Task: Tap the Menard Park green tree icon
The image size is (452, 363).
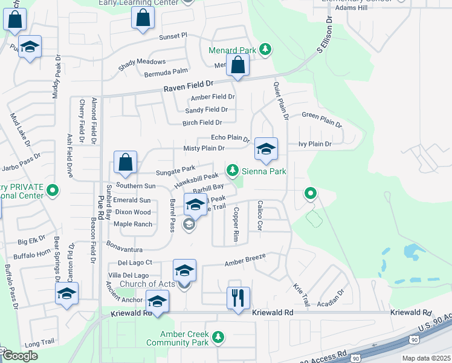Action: pos(265,49)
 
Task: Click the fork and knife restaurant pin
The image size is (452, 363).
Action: pos(238,298)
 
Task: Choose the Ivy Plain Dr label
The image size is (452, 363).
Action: pos(315,144)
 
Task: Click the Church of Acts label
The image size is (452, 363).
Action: pos(147,284)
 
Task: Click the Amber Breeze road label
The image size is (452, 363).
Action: pos(245,261)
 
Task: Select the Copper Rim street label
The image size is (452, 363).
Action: pos(237,226)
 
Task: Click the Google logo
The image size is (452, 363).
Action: pos(20,356)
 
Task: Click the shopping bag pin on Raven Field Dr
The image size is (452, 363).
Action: pos(238,66)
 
